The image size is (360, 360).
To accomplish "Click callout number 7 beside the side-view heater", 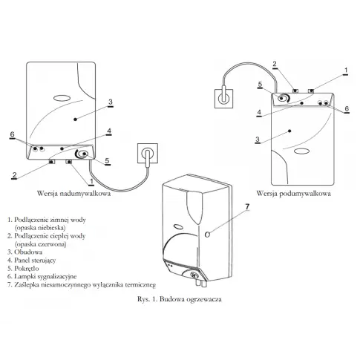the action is click(247, 207).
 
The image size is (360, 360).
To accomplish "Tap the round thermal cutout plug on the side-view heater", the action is click(208, 234).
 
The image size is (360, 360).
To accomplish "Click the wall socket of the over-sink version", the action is click(148, 153).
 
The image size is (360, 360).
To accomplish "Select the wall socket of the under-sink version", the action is click(224, 99).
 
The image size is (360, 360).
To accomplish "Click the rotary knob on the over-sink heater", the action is click(82, 154).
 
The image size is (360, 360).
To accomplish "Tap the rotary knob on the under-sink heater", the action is click(283, 99).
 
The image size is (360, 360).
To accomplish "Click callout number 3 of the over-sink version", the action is click(111, 102).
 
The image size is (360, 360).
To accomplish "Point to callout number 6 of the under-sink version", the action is click(347, 108).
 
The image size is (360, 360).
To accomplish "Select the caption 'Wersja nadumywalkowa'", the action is click(73, 193).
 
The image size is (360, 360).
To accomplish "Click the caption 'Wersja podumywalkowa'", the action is click(293, 193).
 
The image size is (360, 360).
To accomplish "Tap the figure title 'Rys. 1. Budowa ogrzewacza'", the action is click(180, 299).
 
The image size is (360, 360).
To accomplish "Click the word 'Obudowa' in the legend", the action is click(28, 252).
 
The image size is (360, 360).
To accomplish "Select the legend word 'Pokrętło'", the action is click(27, 269).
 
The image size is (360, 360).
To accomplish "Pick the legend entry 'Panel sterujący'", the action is click(35, 261).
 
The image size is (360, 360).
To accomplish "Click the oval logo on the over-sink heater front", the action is click(62, 98).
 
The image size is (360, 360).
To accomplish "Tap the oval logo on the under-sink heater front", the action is click(302, 151).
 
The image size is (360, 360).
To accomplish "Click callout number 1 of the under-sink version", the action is click(346, 71).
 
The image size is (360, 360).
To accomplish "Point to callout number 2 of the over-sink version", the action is click(14, 175).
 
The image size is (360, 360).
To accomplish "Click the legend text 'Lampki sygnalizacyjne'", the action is click(45, 277).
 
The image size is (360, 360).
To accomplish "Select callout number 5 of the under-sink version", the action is click(260, 85).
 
